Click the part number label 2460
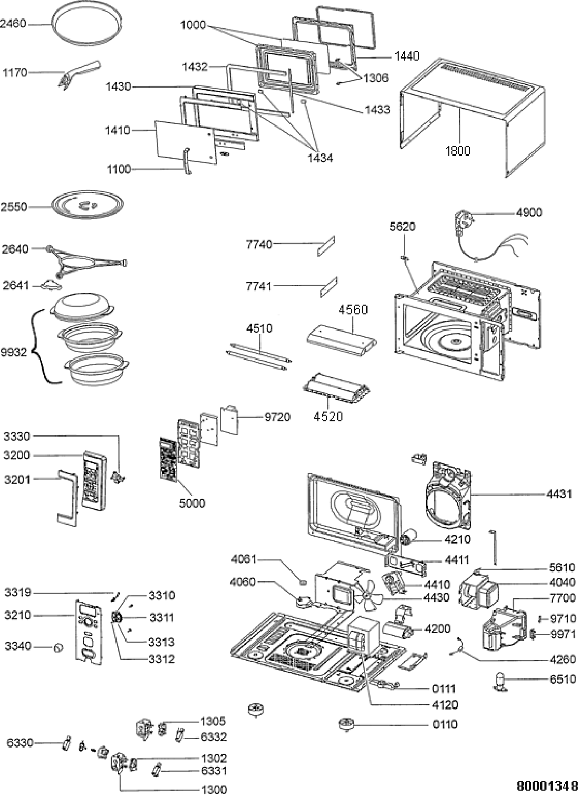(x=13, y=24)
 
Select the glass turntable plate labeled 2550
(x=88, y=204)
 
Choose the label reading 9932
(x=14, y=352)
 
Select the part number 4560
(x=353, y=309)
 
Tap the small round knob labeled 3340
(x=58, y=647)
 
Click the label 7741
(x=258, y=286)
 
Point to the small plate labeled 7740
(x=326, y=245)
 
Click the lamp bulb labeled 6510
(x=500, y=680)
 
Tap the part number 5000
(x=192, y=503)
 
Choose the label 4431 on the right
(x=559, y=495)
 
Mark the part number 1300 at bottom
(x=214, y=789)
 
